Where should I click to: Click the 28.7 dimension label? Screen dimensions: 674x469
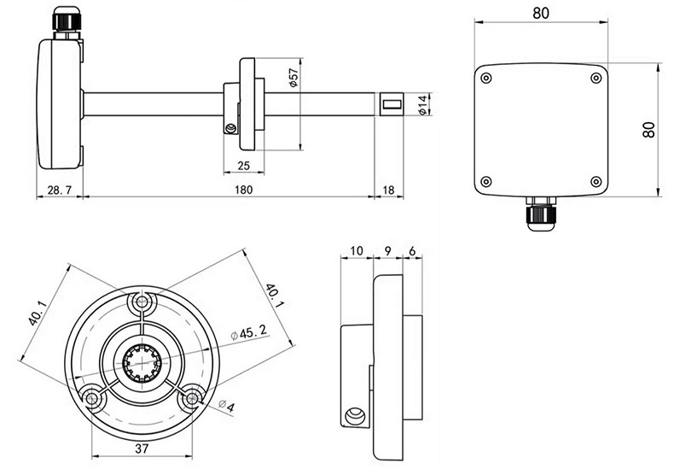pos(60,190)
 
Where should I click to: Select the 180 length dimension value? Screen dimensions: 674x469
pos(244,190)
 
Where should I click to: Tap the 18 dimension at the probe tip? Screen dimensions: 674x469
pos(388,190)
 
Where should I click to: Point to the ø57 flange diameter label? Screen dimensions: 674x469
pos(293,78)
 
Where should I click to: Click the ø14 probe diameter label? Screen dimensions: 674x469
pos(423,105)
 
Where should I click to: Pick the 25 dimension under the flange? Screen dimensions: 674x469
pos(243,166)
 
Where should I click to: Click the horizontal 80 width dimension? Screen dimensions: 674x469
pos(541,14)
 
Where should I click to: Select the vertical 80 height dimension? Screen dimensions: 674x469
pos(648,130)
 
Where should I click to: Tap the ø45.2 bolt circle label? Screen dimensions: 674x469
pos(248,332)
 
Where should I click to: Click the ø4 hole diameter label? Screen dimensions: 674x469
pos(227,405)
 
